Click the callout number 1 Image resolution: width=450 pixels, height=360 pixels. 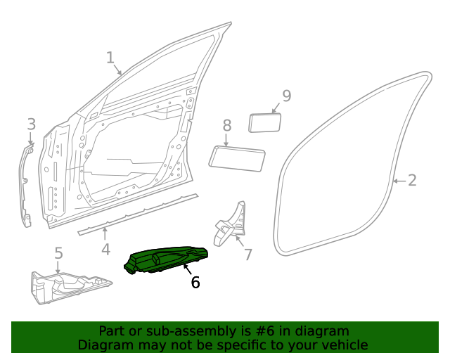coord(110,57)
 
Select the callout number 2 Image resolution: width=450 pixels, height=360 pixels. coord(412,180)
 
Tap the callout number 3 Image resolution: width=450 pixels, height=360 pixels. coord(31,124)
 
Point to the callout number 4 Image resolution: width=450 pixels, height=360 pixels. coord(105,249)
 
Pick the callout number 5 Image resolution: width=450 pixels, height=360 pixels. coord(58,252)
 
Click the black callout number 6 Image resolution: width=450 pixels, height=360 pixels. coord(195,282)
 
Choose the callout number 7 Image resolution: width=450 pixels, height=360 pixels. coord(247,254)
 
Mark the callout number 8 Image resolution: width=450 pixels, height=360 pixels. coord(226,125)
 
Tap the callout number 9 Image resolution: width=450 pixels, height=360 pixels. coord(286,96)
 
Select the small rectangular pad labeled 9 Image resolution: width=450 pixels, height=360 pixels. coord(265,122)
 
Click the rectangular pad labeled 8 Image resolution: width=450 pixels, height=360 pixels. coord(237,157)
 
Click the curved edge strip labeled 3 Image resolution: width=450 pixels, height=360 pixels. coord(26,186)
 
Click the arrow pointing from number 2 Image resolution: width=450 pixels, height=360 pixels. coord(398,181)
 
